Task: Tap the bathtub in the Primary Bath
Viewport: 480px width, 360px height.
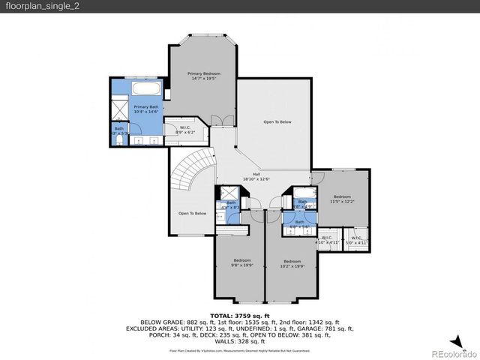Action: (x=147, y=89)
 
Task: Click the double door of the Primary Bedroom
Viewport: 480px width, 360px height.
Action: (x=218, y=121)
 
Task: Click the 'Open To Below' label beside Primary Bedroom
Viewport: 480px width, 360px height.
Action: (x=277, y=121)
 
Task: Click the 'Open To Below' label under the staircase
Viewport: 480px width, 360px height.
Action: (x=192, y=214)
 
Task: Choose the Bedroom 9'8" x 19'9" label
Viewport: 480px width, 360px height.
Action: (x=241, y=262)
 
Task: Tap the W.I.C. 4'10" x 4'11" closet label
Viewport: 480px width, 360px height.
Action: (x=328, y=241)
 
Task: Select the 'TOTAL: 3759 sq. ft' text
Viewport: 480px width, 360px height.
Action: (x=239, y=317)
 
